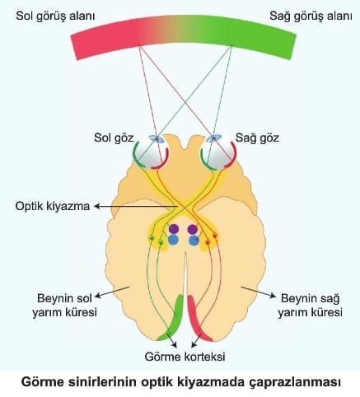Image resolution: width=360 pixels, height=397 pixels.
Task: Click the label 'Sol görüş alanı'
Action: coord(55,16)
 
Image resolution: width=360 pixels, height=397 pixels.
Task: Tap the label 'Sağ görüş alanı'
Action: coord(311,16)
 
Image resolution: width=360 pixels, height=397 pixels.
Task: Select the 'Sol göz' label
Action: coord(114,138)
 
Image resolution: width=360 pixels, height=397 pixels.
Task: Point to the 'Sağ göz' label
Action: coord(257,138)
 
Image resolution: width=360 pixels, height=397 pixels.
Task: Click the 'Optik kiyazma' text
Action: coord(53,206)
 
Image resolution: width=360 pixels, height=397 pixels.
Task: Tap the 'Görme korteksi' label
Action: coord(185,357)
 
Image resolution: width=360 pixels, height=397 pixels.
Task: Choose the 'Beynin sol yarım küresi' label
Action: coord(64,305)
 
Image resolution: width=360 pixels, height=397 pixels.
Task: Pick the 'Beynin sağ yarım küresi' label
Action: coord(310,305)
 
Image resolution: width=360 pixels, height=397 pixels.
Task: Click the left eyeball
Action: coord(152,153)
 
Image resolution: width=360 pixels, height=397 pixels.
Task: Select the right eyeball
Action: coord(218,153)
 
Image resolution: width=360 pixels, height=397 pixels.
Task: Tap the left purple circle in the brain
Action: coord(174,229)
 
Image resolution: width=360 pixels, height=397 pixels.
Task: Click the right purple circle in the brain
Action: coord(193,229)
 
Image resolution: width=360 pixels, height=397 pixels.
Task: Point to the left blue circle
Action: coord(173,240)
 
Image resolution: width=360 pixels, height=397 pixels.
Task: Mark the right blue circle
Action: coord(194,241)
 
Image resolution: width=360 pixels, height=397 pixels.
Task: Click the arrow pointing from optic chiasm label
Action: coord(135,207)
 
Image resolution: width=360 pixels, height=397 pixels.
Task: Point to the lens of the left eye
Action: coord(157,139)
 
